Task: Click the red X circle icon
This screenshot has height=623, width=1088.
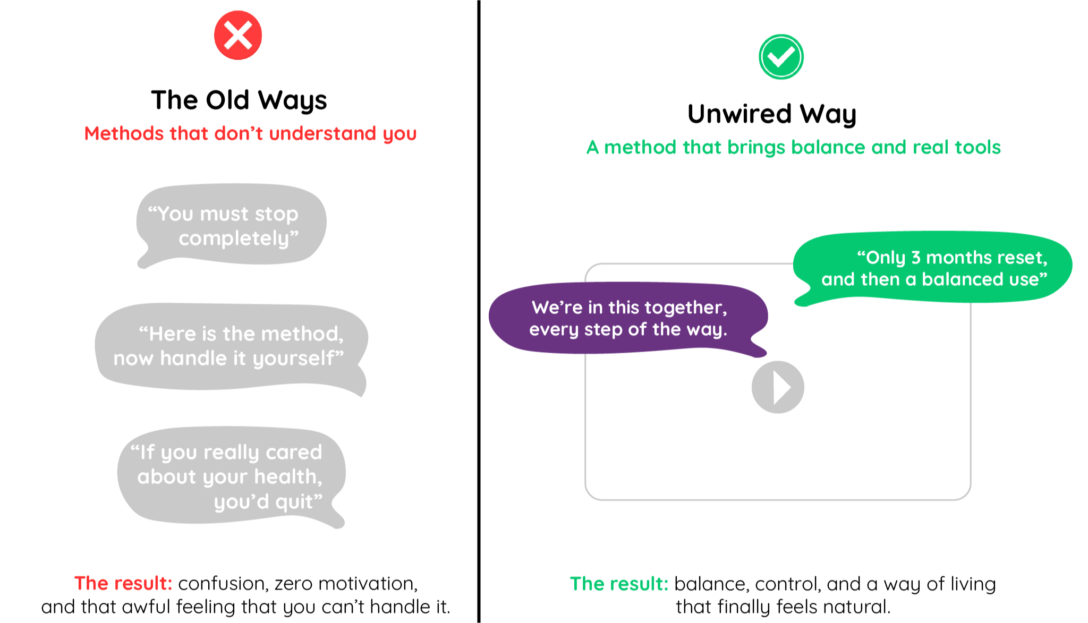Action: click(x=238, y=35)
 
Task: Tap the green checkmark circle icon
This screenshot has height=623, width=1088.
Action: click(x=781, y=57)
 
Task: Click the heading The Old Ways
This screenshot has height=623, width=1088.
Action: click(x=239, y=100)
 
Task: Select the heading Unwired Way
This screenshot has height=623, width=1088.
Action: click(x=772, y=114)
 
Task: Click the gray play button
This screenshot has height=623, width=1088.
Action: click(x=778, y=387)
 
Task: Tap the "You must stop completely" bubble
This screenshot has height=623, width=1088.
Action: click(x=231, y=225)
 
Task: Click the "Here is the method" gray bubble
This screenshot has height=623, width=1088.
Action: click(x=232, y=348)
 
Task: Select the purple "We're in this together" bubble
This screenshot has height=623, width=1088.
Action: click(x=628, y=318)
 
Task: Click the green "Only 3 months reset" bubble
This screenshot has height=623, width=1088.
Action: click(x=933, y=268)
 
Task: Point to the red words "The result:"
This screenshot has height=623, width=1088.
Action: click(x=123, y=583)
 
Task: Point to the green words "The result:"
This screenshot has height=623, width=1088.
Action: click(x=619, y=584)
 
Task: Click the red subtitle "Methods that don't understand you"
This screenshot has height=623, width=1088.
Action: click(x=250, y=133)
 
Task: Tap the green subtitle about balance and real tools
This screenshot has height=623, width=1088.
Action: click(x=794, y=147)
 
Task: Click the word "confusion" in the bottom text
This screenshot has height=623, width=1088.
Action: click(x=223, y=584)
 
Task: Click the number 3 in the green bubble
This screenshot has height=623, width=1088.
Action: click(x=916, y=258)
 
